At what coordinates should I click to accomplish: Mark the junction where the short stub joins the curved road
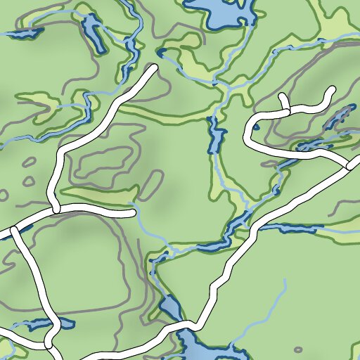click(286, 110)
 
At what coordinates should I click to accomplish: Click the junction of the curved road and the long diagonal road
click(349, 167)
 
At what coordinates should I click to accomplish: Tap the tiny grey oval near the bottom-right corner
click(298, 349)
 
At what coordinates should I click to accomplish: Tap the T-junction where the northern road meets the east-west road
click(55, 210)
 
